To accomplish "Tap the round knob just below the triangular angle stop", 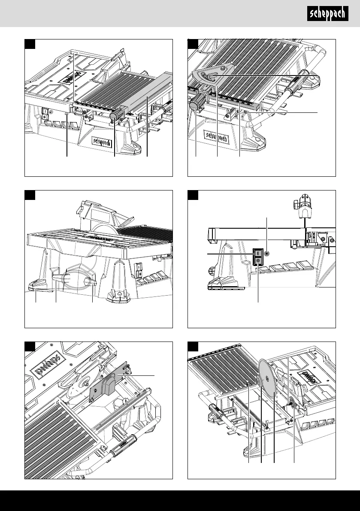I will click(x=197, y=104).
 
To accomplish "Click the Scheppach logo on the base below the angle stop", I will click(x=217, y=138).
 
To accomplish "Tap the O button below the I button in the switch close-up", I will click(x=258, y=260).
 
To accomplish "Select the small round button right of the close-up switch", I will click(x=267, y=254).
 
